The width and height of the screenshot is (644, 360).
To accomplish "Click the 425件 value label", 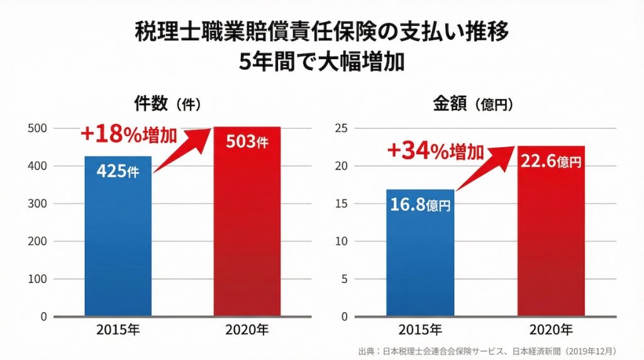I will [x=118, y=171].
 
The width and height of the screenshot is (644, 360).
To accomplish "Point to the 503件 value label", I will [x=247, y=142].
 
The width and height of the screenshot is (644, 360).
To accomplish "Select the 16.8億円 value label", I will [x=420, y=205].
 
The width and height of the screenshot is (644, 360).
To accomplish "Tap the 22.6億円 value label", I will [x=551, y=162].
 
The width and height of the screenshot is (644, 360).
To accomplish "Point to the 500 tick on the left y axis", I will [x=39, y=128].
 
